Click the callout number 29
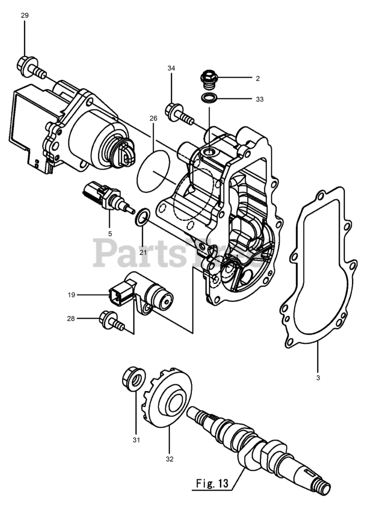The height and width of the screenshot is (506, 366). (25, 15)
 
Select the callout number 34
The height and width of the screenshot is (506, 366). (171, 68)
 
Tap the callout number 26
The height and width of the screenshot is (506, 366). (154, 118)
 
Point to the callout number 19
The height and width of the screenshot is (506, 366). (71, 295)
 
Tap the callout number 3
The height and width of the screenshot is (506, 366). (318, 378)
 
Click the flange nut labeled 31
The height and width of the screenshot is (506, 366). (132, 379)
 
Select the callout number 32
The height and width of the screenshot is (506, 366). (170, 459)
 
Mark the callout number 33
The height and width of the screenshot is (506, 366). (260, 99)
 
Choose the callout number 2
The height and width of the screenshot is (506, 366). (258, 79)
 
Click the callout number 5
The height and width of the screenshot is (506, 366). (110, 234)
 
